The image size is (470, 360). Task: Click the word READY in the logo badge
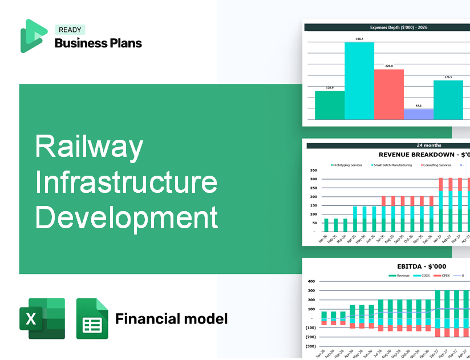click(x=70, y=30)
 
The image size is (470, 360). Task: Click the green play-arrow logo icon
click(x=33, y=36)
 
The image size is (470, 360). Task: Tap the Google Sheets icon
click(x=92, y=318)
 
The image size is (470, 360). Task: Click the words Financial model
click(x=171, y=318)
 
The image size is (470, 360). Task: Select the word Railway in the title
click(x=88, y=147)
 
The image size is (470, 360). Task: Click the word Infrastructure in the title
click(x=126, y=183)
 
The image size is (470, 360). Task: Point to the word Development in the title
click(x=126, y=218)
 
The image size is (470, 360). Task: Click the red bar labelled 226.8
click(x=388, y=94)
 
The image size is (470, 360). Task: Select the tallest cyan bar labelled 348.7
click(x=359, y=80)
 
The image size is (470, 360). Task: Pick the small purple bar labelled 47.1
click(x=418, y=114)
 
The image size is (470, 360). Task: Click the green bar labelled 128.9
click(x=330, y=105)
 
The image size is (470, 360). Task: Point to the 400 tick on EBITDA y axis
click(x=311, y=281)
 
